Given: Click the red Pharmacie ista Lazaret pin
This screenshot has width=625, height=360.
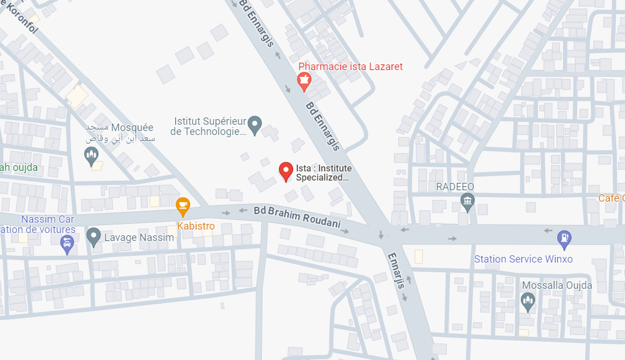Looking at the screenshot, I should (305, 81).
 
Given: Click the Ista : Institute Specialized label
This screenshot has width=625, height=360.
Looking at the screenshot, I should (323, 173).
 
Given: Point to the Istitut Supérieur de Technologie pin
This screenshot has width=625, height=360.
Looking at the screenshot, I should (255, 124).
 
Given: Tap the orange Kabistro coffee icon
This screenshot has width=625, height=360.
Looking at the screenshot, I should (183, 206).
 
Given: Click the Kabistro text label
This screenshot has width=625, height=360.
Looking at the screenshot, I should (196, 226).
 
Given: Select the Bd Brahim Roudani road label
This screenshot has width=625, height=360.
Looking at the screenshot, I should (297, 217).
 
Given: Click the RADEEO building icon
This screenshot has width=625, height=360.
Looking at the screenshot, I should (467, 202).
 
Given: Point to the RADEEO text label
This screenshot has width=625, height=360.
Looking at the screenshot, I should (455, 187).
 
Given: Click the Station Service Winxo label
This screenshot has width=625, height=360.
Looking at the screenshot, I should (523, 259).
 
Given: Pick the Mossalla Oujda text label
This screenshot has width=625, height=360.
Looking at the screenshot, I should (557, 285).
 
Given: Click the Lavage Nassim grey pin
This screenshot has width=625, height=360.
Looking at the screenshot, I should (93, 236).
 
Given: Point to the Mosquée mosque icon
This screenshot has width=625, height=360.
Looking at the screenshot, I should (92, 155).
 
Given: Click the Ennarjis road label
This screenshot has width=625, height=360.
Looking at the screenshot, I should (397, 270).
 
